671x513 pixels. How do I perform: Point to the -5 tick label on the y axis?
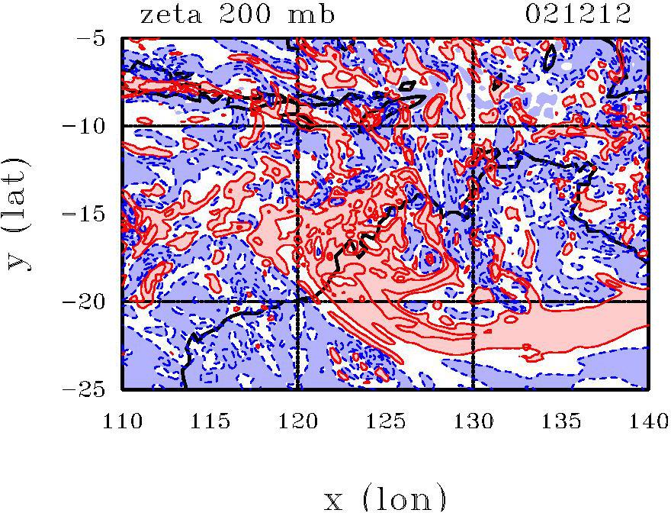tap(95, 37)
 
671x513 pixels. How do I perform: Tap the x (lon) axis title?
tap(385, 498)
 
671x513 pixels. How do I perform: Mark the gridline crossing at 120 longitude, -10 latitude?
tap(298, 125)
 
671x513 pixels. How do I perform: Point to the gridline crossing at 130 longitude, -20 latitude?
tap(474, 302)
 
